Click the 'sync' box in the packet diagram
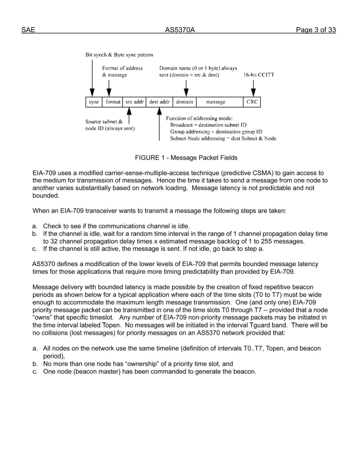click(94, 102)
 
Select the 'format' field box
click(113, 102)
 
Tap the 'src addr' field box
click(135, 102)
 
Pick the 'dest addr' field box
click(159, 102)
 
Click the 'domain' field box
click(185, 102)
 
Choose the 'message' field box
click(219, 102)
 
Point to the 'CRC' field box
click(252, 102)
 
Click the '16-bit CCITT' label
click(259, 75)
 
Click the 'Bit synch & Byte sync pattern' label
click(119, 55)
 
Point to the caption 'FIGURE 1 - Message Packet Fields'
click(186, 158)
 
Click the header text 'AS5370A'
click(180, 30)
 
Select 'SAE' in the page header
click(28, 30)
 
